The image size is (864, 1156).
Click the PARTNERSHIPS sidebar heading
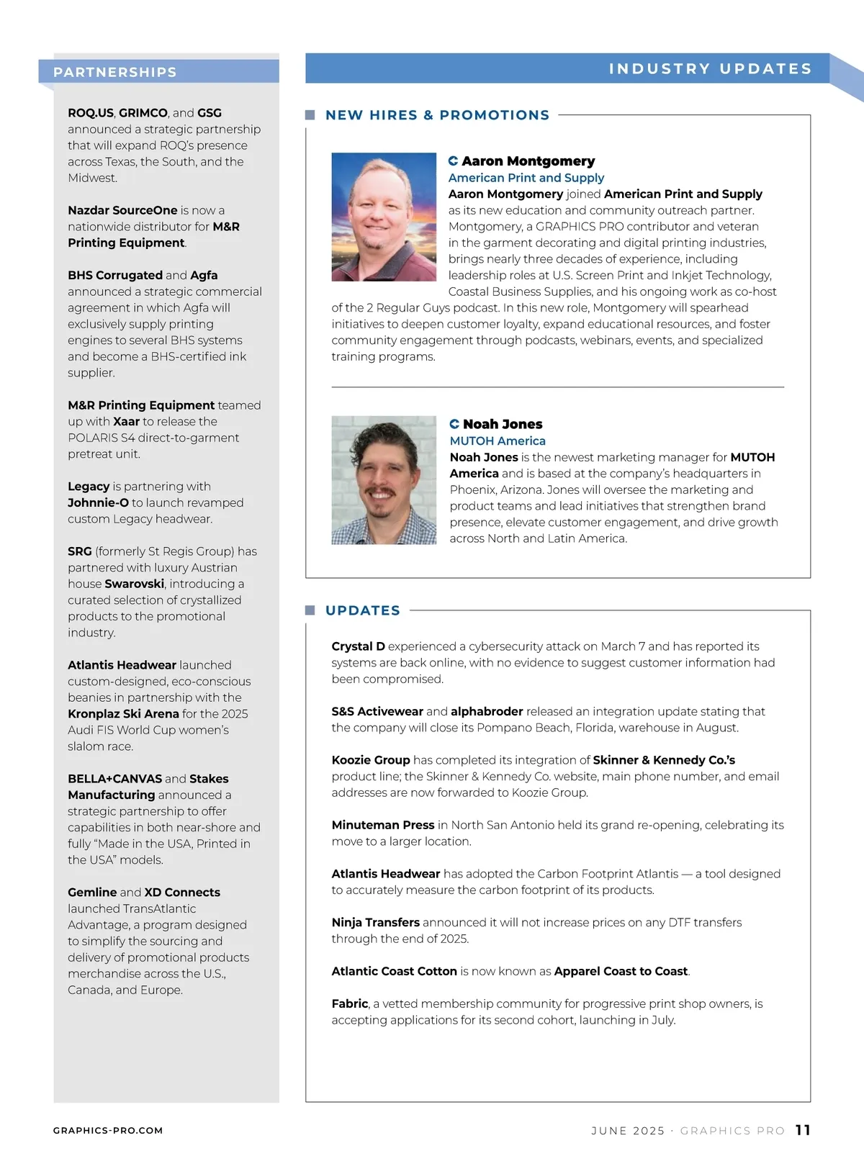coord(115,72)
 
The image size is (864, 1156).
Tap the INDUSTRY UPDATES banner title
coord(710,68)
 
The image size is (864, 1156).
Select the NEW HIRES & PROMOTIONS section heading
coord(437,115)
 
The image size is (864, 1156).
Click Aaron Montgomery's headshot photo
coord(384,217)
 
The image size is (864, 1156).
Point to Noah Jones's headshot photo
coord(384,480)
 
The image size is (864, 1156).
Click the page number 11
coord(803,1130)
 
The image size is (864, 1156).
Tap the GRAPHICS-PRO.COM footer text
coord(108,1131)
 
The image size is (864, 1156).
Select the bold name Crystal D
coord(358,646)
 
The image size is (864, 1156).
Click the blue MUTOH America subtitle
coord(498,441)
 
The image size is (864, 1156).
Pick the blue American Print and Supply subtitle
coord(526,178)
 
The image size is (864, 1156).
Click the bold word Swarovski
coord(135,584)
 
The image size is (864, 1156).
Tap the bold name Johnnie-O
coord(98,502)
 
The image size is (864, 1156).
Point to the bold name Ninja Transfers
coord(375,922)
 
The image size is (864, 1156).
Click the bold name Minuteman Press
coord(382,825)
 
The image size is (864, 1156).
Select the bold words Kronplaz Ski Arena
coord(123,714)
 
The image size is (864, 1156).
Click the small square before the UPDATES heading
coord(310,610)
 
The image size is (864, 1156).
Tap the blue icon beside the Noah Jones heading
coord(454,424)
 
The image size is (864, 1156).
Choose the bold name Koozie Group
coord(370,760)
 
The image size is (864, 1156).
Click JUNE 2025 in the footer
coord(628,1131)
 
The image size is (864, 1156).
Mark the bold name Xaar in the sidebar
coord(126,422)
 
